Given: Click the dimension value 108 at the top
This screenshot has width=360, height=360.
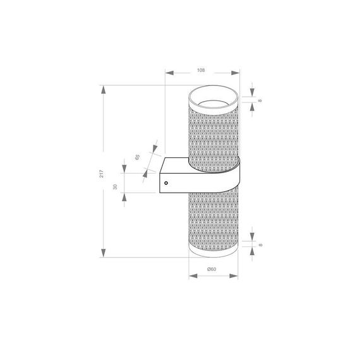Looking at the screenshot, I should coord(201,70).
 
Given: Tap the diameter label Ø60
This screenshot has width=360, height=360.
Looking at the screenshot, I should coord(212,269).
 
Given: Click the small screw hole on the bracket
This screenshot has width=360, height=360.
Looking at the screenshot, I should coord(166,183).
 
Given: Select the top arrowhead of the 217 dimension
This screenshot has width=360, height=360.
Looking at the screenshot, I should coord(103,89).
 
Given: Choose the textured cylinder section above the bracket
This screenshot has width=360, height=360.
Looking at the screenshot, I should coord(213,133).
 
